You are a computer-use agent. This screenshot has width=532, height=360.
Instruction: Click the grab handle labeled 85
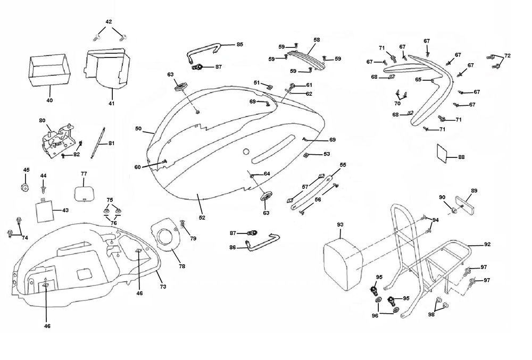(x=203, y=52)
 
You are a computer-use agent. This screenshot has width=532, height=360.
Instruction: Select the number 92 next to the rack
(x=487, y=245)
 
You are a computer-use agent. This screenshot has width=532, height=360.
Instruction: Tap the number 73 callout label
(x=163, y=287)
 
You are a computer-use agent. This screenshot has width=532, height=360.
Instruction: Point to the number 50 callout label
(x=138, y=129)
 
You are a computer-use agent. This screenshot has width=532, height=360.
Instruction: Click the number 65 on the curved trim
(x=418, y=80)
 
